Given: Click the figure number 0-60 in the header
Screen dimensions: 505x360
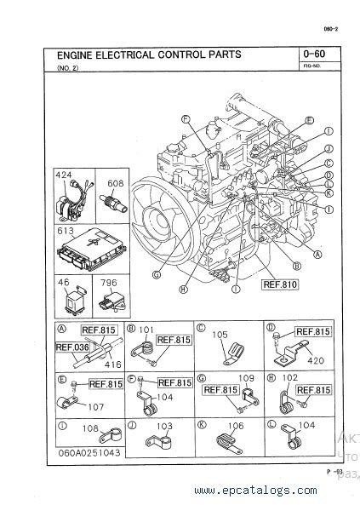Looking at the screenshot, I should pyautogui.click(x=312, y=55).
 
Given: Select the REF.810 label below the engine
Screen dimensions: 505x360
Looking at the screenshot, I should pyautogui.click(x=280, y=284).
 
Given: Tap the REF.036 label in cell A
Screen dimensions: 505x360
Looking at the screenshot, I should pyautogui.click(x=72, y=347).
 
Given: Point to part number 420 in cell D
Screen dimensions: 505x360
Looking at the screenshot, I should pyautogui.click(x=315, y=361).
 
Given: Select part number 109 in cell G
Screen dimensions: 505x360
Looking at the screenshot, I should pyautogui.click(x=246, y=378).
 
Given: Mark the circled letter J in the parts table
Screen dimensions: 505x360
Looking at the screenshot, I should pyautogui.click(x=131, y=423).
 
